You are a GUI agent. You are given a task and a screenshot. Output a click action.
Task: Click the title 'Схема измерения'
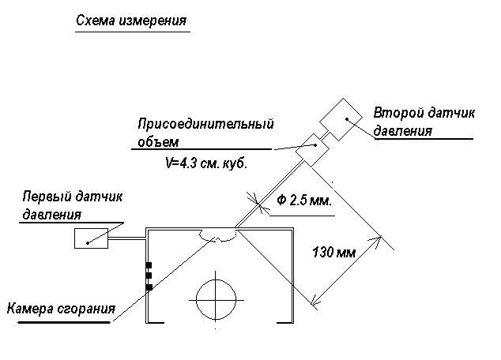pos(131,21)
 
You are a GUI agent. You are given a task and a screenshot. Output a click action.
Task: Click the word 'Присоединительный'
pos(205,124)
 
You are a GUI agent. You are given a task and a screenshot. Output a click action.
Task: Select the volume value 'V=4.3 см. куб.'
pos(206,163)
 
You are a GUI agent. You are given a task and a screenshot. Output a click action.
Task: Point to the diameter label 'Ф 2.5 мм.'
pos(304,201)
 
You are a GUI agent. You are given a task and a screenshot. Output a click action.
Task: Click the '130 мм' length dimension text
pos(333,253)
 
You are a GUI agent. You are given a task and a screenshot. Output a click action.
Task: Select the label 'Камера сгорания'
pos(61,309)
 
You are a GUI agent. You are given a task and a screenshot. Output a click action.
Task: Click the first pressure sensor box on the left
pos(91,238)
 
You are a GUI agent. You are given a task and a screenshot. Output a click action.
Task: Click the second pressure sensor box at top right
pos(341,119)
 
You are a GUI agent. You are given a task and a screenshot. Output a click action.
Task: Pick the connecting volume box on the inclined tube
pos(312,150)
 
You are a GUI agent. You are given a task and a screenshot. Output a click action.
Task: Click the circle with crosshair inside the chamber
pos(216,300)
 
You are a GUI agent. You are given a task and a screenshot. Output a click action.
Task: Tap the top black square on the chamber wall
pos(149,265)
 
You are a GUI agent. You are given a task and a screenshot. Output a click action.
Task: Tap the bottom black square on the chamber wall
pos(149,287)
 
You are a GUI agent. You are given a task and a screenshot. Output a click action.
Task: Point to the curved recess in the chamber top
pos(217,235)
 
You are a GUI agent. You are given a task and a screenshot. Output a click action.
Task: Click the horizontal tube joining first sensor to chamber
pos(127,238)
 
